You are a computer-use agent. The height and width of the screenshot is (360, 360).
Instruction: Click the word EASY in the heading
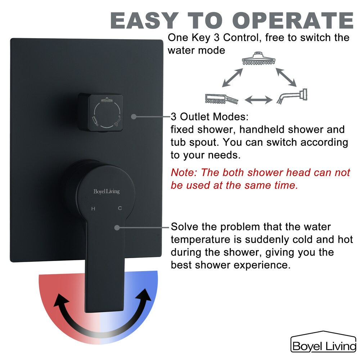tap(144, 20)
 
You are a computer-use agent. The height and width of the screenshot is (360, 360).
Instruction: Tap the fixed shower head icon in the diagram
tap(258, 58)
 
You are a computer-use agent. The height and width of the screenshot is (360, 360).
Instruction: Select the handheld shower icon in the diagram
tap(221, 99)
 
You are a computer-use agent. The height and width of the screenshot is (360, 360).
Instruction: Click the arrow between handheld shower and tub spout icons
tap(258, 100)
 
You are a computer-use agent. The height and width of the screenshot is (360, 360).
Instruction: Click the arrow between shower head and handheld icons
tap(232, 77)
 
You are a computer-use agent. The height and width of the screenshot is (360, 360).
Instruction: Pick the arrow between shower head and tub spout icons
tap(286, 77)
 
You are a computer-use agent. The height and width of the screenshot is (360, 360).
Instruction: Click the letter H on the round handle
tap(93, 209)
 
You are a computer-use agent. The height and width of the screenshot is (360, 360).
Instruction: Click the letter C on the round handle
tap(120, 208)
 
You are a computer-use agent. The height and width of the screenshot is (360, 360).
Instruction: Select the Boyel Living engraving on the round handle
tap(107, 192)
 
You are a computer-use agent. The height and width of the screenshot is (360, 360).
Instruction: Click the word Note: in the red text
tap(184, 172)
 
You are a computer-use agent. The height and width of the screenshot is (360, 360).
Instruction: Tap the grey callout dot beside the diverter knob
tap(134, 117)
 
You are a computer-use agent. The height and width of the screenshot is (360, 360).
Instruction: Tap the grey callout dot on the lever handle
tap(117, 228)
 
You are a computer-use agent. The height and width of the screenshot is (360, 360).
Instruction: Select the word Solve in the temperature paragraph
tap(185, 226)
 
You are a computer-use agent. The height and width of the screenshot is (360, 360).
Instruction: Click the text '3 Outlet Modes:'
tap(210, 117)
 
